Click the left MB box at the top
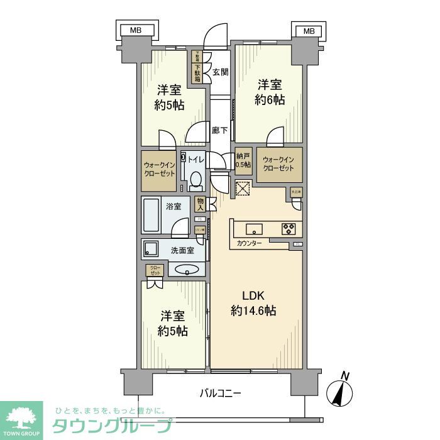136,30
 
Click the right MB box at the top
309,30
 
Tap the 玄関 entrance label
221,72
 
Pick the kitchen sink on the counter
254,228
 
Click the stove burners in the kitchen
289,228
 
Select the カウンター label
250,243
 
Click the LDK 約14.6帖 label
254,303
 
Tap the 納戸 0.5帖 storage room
243,161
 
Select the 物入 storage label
200,203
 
